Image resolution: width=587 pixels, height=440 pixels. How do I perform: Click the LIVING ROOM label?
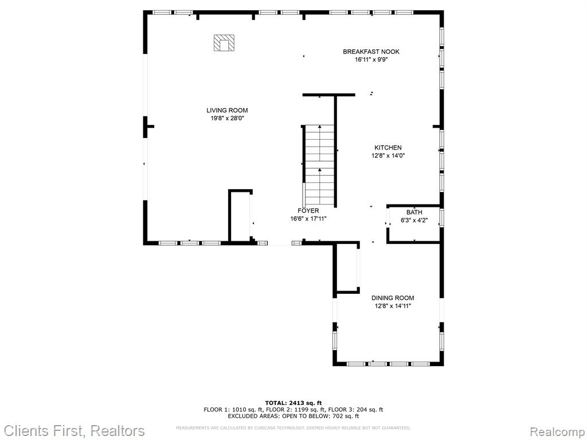point(227,111)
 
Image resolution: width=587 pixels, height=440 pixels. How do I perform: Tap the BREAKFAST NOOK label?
point(371,52)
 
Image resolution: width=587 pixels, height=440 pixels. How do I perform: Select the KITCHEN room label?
point(388,148)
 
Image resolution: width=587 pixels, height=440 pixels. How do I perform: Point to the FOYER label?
point(308,211)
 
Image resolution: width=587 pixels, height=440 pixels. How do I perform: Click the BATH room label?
point(414,213)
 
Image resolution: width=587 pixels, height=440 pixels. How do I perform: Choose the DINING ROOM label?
point(393,298)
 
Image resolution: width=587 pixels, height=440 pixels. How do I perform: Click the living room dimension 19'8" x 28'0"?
point(227,119)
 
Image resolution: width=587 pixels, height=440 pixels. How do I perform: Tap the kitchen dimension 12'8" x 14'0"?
point(388,156)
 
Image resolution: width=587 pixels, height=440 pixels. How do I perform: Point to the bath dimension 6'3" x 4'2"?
point(414,221)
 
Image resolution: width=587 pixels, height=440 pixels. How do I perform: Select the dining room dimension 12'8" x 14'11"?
point(393,307)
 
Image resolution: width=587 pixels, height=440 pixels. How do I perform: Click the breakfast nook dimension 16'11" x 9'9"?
point(371,60)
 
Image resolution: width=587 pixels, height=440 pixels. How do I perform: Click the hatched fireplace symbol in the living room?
point(224,43)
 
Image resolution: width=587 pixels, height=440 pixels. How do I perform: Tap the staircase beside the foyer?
point(319,164)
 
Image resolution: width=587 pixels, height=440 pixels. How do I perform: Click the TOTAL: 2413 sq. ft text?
point(293,403)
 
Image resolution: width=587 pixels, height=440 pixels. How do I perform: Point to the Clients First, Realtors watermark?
point(74,431)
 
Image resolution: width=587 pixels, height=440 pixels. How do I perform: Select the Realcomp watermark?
point(557,432)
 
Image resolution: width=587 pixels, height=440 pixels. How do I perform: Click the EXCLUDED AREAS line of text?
point(293,416)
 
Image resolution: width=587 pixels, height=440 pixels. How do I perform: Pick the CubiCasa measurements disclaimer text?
point(293,427)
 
